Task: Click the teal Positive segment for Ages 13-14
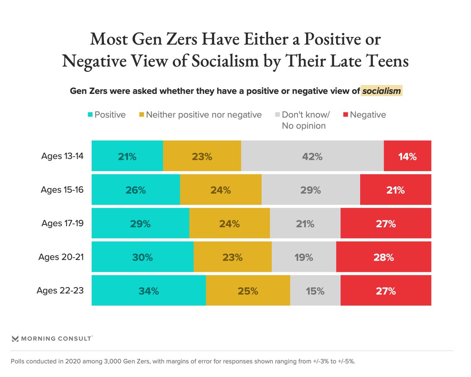[127, 156]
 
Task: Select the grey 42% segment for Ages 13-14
[312, 156]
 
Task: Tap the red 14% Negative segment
[407, 156]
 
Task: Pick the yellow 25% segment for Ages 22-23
[248, 291]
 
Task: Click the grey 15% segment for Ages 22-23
[315, 291]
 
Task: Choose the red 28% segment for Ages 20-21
[383, 257]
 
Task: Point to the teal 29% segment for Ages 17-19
[140, 223]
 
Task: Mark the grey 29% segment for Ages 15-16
[310, 190]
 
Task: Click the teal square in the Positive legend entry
[89, 115]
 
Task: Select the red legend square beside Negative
[345, 115]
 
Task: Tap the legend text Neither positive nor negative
[203, 115]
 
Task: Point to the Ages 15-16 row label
[62, 190]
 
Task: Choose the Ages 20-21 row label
[61, 257]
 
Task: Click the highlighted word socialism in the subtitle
[382, 91]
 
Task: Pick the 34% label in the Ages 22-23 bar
[148, 291]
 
